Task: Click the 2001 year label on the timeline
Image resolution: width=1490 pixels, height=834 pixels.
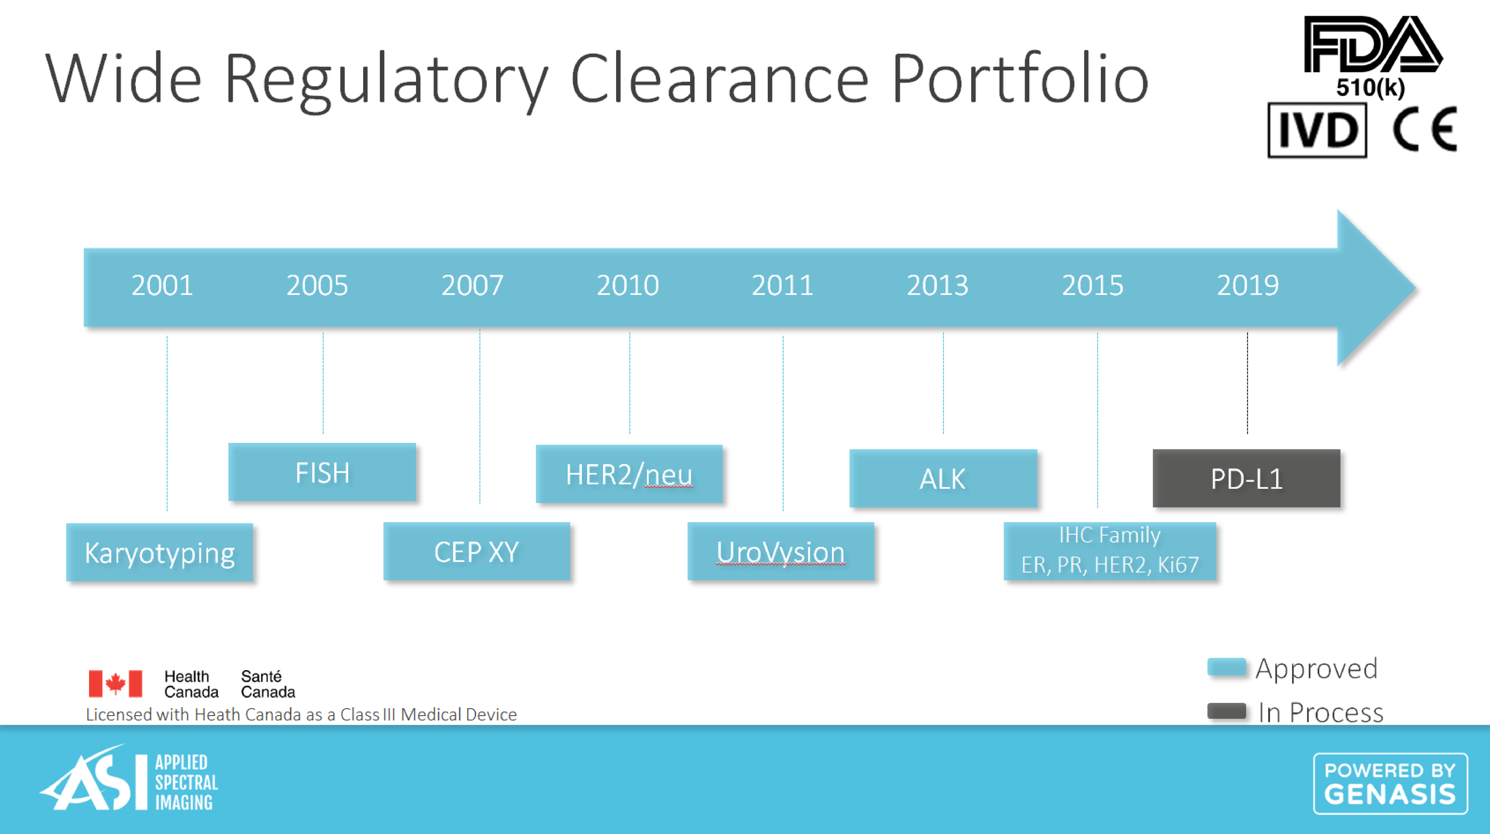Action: (x=162, y=285)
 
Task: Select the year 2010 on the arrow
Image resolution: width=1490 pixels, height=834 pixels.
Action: (x=628, y=285)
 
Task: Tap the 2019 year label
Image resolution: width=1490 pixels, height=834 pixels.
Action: (x=1248, y=285)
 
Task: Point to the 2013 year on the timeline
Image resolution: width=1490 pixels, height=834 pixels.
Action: (x=937, y=285)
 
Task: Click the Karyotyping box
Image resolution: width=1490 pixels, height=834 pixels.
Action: (x=160, y=552)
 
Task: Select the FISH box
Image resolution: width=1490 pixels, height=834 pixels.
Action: (x=322, y=472)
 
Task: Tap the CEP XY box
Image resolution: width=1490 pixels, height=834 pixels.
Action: (x=477, y=551)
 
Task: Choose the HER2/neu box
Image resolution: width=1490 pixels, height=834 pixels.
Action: (x=629, y=474)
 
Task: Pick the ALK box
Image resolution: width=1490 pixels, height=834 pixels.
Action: (x=943, y=478)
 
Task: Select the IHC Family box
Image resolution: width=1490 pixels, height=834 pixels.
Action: (x=1110, y=551)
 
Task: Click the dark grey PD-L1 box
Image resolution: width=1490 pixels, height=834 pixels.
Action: (x=1247, y=478)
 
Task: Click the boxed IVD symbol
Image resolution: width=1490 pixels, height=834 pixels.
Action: (x=1317, y=130)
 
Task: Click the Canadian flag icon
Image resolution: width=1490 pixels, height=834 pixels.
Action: (x=115, y=684)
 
